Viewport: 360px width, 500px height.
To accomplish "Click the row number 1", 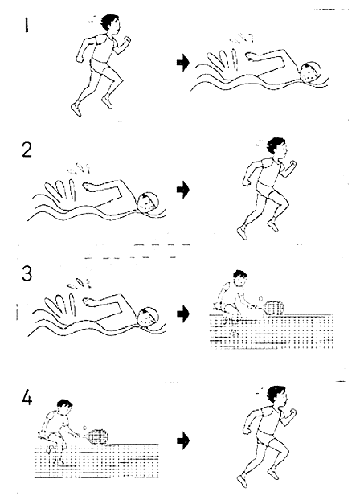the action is point(27,25).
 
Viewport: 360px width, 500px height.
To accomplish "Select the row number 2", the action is point(27,150).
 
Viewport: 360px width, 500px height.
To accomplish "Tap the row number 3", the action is point(27,273).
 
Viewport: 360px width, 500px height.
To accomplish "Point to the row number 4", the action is point(27,398).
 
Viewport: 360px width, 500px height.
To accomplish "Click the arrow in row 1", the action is point(183,63).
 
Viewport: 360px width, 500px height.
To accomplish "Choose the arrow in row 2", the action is point(183,190).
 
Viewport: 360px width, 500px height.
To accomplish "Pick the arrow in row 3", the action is point(183,314).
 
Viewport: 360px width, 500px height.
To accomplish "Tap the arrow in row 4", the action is point(183,441).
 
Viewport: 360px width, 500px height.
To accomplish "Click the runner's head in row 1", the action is point(111,23).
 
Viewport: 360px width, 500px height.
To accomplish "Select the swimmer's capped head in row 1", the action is point(309,72).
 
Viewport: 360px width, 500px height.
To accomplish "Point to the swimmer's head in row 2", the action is point(148,203).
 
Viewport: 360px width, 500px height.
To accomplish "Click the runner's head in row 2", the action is point(277,147).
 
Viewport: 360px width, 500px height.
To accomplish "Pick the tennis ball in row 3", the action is point(261,298).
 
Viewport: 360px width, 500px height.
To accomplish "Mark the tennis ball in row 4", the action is point(84,428).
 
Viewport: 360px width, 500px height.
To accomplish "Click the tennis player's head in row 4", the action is point(65,408).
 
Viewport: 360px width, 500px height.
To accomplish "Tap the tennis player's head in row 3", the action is point(240,279).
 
